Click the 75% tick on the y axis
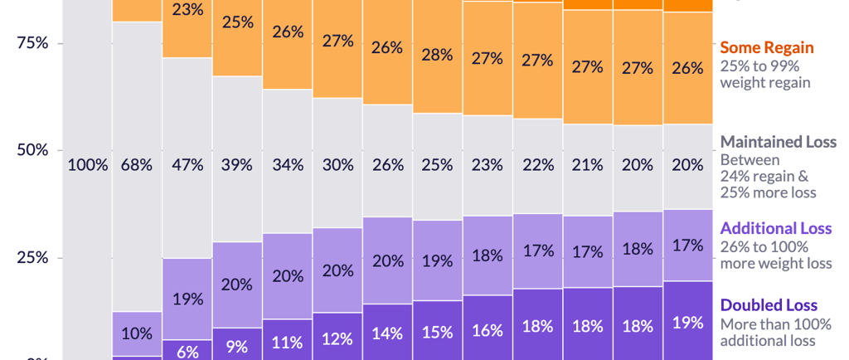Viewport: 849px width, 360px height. point(33,43)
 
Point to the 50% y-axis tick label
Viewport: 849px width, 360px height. point(33,150)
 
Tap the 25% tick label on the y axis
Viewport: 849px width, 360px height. point(33,257)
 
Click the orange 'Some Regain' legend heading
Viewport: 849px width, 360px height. point(767,47)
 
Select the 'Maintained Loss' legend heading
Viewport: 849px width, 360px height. point(779,142)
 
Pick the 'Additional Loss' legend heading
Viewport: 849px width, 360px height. point(776,228)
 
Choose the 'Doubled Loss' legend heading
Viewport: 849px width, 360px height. point(769,305)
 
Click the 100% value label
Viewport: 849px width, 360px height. point(88,164)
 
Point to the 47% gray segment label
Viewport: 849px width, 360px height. point(187,164)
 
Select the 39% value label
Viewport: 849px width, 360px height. point(237,164)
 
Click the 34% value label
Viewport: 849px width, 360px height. point(288,164)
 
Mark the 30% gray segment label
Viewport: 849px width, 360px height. point(337,164)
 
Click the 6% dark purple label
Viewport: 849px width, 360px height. point(187,351)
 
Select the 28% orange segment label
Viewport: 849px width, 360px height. point(437,55)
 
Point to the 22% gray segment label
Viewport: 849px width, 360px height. point(537,164)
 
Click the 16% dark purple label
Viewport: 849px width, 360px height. point(488,330)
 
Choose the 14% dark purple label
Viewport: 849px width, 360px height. point(387,333)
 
